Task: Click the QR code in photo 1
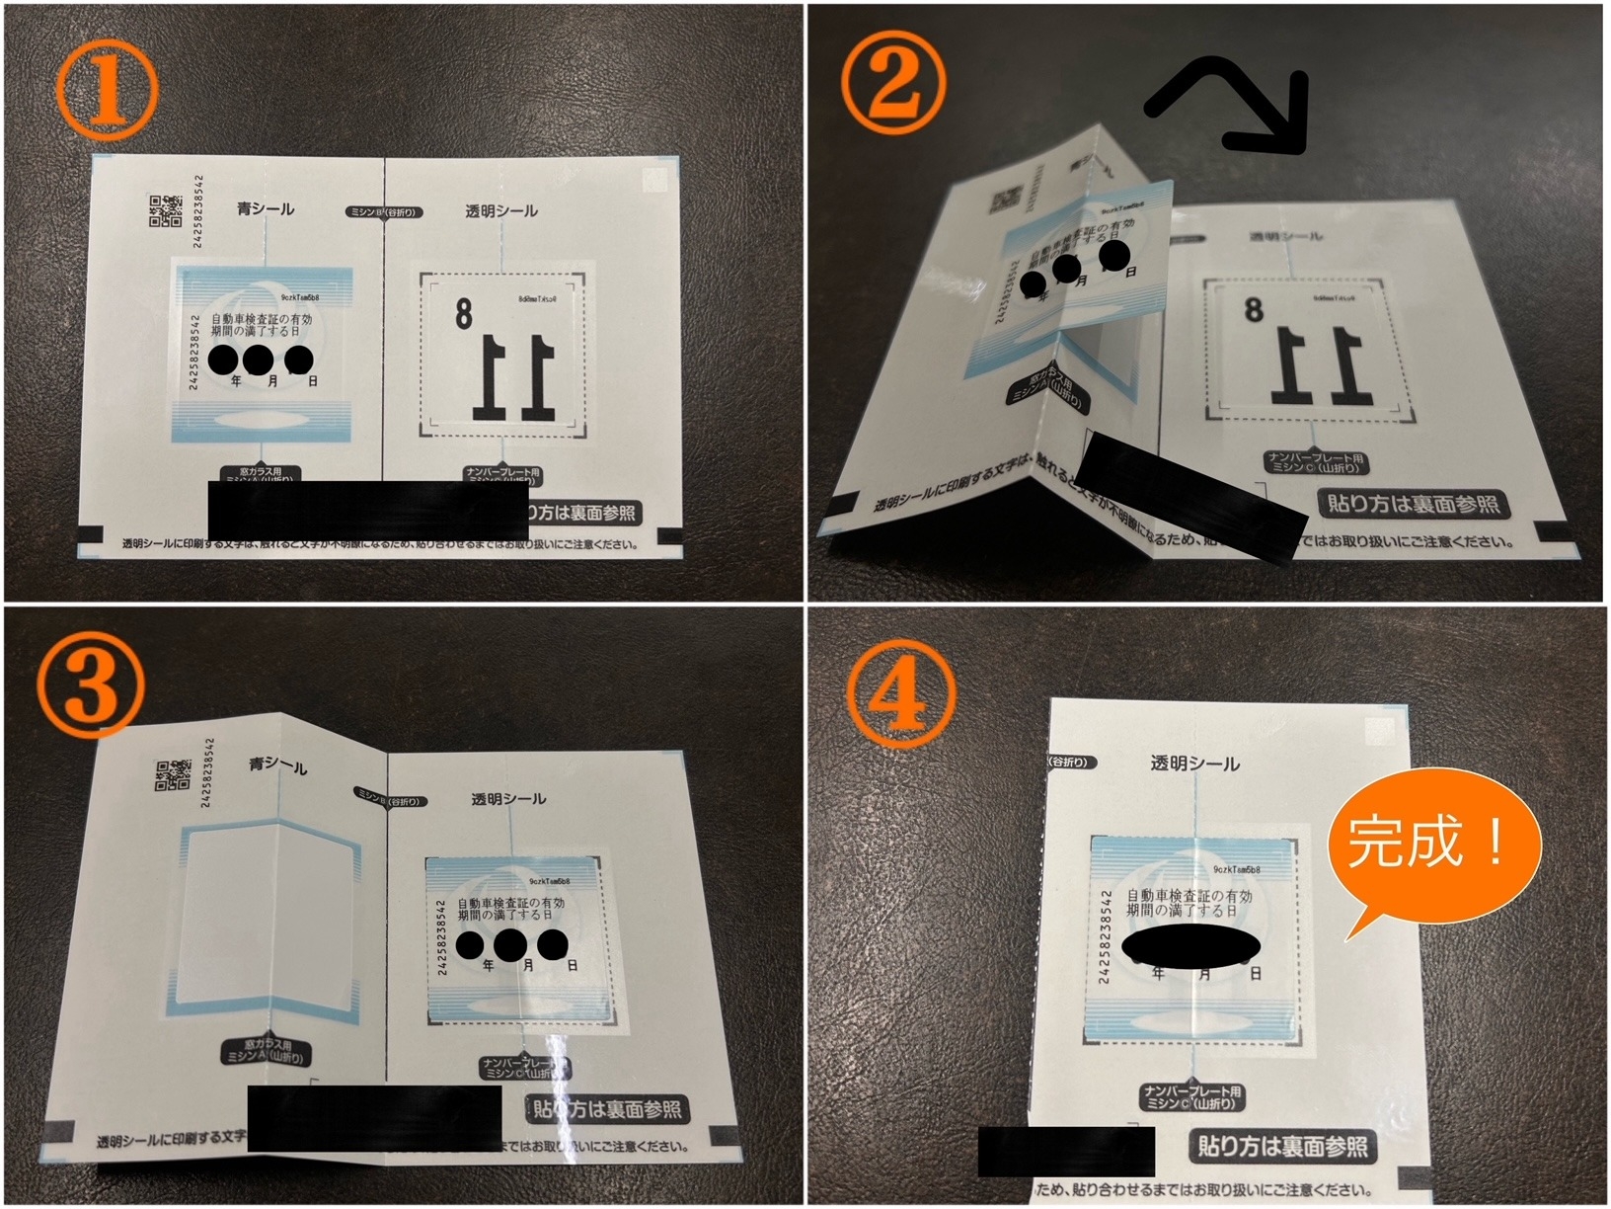pyautogui.click(x=166, y=210)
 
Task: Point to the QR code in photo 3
pyautogui.click(x=173, y=775)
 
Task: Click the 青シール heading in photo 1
pyautogui.click(x=265, y=209)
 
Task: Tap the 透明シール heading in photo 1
pyautogui.click(x=501, y=211)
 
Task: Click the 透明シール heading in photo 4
pyautogui.click(x=1194, y=764)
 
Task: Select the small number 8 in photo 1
pyautogui.click(x=463, y=314)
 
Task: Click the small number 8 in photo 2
pyautogui.click(x=1254, y=310)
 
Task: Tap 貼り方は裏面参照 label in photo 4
pyautogui.click(x=1282, y=1146)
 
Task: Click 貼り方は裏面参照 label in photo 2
pyautogui.click(x=1413, y=504)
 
